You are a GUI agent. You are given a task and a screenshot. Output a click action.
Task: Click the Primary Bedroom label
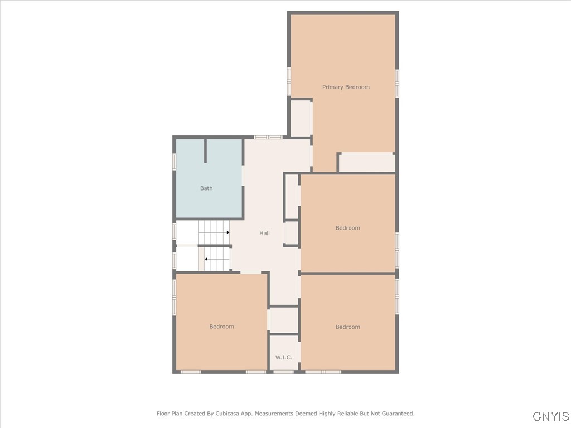pos(346,87)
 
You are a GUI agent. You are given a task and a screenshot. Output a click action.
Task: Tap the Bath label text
pos(206,188)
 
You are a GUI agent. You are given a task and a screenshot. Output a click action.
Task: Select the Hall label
pos(264,233)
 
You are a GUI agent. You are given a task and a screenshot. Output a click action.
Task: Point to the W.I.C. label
pos(283,357)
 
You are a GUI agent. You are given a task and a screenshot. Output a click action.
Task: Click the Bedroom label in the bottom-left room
pos(221,327)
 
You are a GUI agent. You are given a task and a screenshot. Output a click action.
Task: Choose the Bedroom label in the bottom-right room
pos(347,327)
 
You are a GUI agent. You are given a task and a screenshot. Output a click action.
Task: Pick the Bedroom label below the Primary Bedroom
pos(347,228)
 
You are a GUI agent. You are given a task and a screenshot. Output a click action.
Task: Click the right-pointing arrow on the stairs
pos(228,232)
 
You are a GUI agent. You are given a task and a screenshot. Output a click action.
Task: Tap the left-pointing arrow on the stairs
pos(207,259)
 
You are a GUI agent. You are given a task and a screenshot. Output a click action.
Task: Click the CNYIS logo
pos(550,416)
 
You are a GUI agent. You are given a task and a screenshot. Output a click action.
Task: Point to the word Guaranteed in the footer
pos(396,414)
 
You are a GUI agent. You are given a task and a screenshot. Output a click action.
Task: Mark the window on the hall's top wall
pos(268,137)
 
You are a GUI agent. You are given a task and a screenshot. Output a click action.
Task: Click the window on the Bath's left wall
pos(175,161)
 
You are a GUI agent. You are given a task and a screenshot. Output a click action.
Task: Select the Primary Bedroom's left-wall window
pos(289,81)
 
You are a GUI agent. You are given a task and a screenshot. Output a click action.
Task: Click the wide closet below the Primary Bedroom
pos(367,162)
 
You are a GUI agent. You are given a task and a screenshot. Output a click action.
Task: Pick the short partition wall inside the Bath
pos(206,150)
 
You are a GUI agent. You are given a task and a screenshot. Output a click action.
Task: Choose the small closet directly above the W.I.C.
pos(283,320)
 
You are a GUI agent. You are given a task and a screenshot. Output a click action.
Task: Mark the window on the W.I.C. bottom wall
pos(283,372)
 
